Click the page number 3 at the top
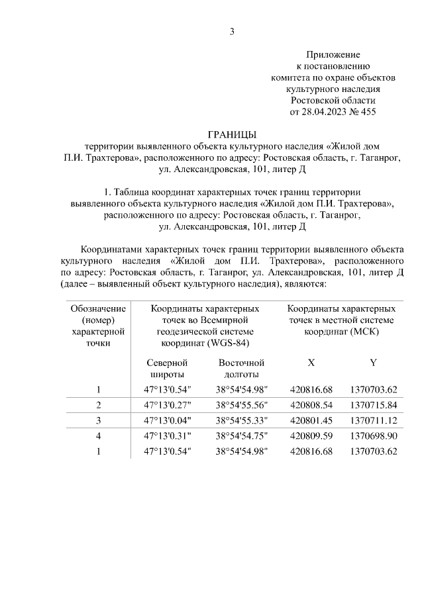pyautogui.click(x=232, y=31)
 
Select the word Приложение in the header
pyautogui.click(x=333, y=54)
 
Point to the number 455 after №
pyautogui.click(x=367, y=111)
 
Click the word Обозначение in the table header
pyautogui.click(x=98, y=309)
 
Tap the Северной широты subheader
pyautogui.click(x=167, y=369)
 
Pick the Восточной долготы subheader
pyautogui.click(x=241, y=369)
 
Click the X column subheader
pyautogui.click(x=311, y=363)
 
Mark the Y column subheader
pyautogui.click(x=373, y=363)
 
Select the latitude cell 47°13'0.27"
pyautogui.click(x=167, y=405)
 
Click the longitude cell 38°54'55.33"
pyautogui.click(x=241, y=421)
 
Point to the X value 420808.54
pyautogui.click(x=311, y=405)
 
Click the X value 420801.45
pyautogui.click(x=311, y=421)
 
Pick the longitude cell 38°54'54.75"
pyautogui.click(x=241, y=437)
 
